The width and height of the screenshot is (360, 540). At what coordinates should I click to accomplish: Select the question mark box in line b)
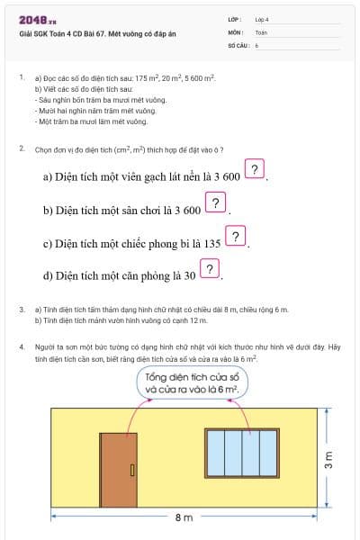pos(216,203)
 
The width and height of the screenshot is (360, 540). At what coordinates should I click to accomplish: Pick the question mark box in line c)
pos(235,238)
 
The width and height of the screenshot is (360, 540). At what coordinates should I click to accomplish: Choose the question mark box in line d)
pos(210,270)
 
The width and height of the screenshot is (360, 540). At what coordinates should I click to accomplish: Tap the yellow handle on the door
pos(131,469)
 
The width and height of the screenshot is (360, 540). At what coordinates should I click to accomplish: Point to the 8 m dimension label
pos(184,518)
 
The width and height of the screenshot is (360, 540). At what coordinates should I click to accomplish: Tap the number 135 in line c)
pos(211,244)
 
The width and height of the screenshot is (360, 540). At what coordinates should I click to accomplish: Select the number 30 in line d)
pos(190,276)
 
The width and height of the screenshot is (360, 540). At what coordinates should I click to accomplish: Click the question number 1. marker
pos(22,78)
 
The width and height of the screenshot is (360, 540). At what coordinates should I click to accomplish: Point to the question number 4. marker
pos(22,346)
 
